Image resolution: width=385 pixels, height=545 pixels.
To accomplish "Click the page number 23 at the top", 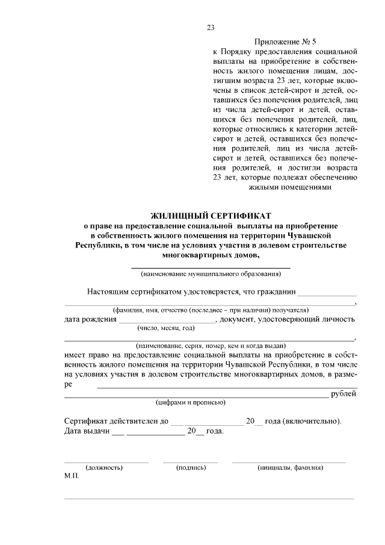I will pos(211,27).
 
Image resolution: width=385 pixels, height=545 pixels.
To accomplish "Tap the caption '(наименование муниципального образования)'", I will pos(211,275).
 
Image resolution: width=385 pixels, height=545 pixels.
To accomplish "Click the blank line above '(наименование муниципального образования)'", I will pos(211,267).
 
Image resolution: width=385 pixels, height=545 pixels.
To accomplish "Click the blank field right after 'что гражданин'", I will pos(327,293).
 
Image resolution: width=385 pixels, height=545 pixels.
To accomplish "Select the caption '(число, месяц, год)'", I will pos(166,328).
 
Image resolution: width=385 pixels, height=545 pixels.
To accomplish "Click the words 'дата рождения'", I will pos(90,319).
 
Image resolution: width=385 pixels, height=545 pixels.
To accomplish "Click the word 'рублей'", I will pos(344,394).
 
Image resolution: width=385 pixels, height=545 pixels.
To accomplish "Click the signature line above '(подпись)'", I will pos(190,461).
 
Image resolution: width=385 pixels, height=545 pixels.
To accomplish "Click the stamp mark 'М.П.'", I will pos(71,476).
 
